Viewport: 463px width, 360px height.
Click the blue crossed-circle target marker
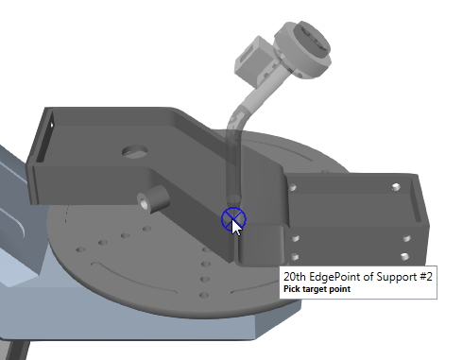233,218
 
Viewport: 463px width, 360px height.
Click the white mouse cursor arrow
236,228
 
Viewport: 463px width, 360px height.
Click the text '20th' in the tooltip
295,277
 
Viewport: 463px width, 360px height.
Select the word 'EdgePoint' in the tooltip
334,277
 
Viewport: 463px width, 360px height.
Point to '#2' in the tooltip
426,277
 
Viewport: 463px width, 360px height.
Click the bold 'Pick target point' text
317,289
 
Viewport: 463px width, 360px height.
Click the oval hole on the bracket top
135,151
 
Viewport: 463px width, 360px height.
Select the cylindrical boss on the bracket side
153,198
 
